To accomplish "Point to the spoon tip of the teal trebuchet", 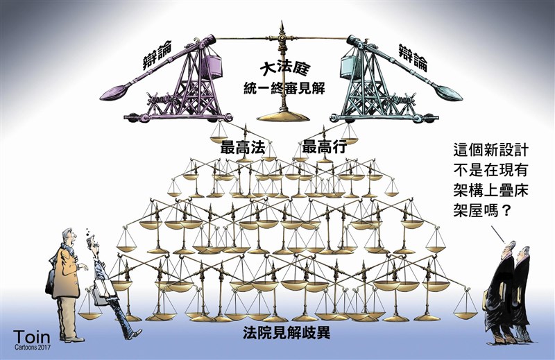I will tap(450, 93).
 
